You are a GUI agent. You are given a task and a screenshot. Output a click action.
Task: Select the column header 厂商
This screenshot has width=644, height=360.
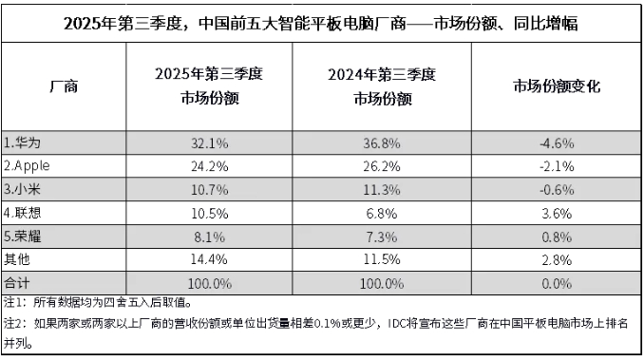[x=63, y=87]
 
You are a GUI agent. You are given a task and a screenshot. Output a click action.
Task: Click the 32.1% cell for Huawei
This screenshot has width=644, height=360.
[x=207, y=143]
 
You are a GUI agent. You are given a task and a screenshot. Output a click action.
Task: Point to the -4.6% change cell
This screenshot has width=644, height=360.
[x=556, y=143]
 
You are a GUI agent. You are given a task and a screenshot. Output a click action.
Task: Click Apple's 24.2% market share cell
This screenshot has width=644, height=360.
[x=207, y=166]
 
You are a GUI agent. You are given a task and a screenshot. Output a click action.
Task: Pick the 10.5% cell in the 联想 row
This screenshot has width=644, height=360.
[x=207, y=210]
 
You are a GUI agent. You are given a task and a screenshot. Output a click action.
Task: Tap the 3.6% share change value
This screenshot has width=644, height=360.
[x=558, y=210]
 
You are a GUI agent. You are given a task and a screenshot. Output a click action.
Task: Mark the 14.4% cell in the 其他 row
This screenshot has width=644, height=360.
[x=207, y=255]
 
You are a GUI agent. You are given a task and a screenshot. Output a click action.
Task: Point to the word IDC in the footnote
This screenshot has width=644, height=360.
[x=401, y=324]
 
